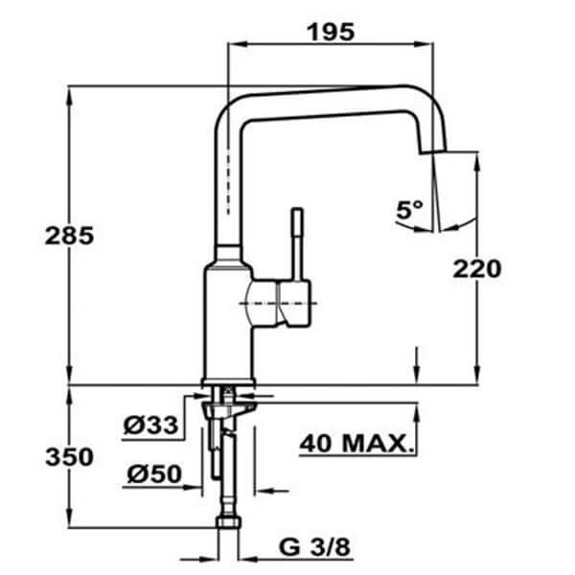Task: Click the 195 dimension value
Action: point(331,31)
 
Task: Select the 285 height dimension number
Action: point(69,237)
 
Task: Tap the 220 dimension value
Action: point(477,269)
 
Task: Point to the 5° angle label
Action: point(409,209)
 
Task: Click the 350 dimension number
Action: point(69,457)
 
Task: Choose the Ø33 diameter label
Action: point(151,424)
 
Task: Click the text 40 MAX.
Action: point(357,444)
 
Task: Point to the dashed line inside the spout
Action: point(228,182)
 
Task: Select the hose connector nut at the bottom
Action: point(227,525)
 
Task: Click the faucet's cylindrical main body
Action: point(228,316)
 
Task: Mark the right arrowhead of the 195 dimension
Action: point(434,44)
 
